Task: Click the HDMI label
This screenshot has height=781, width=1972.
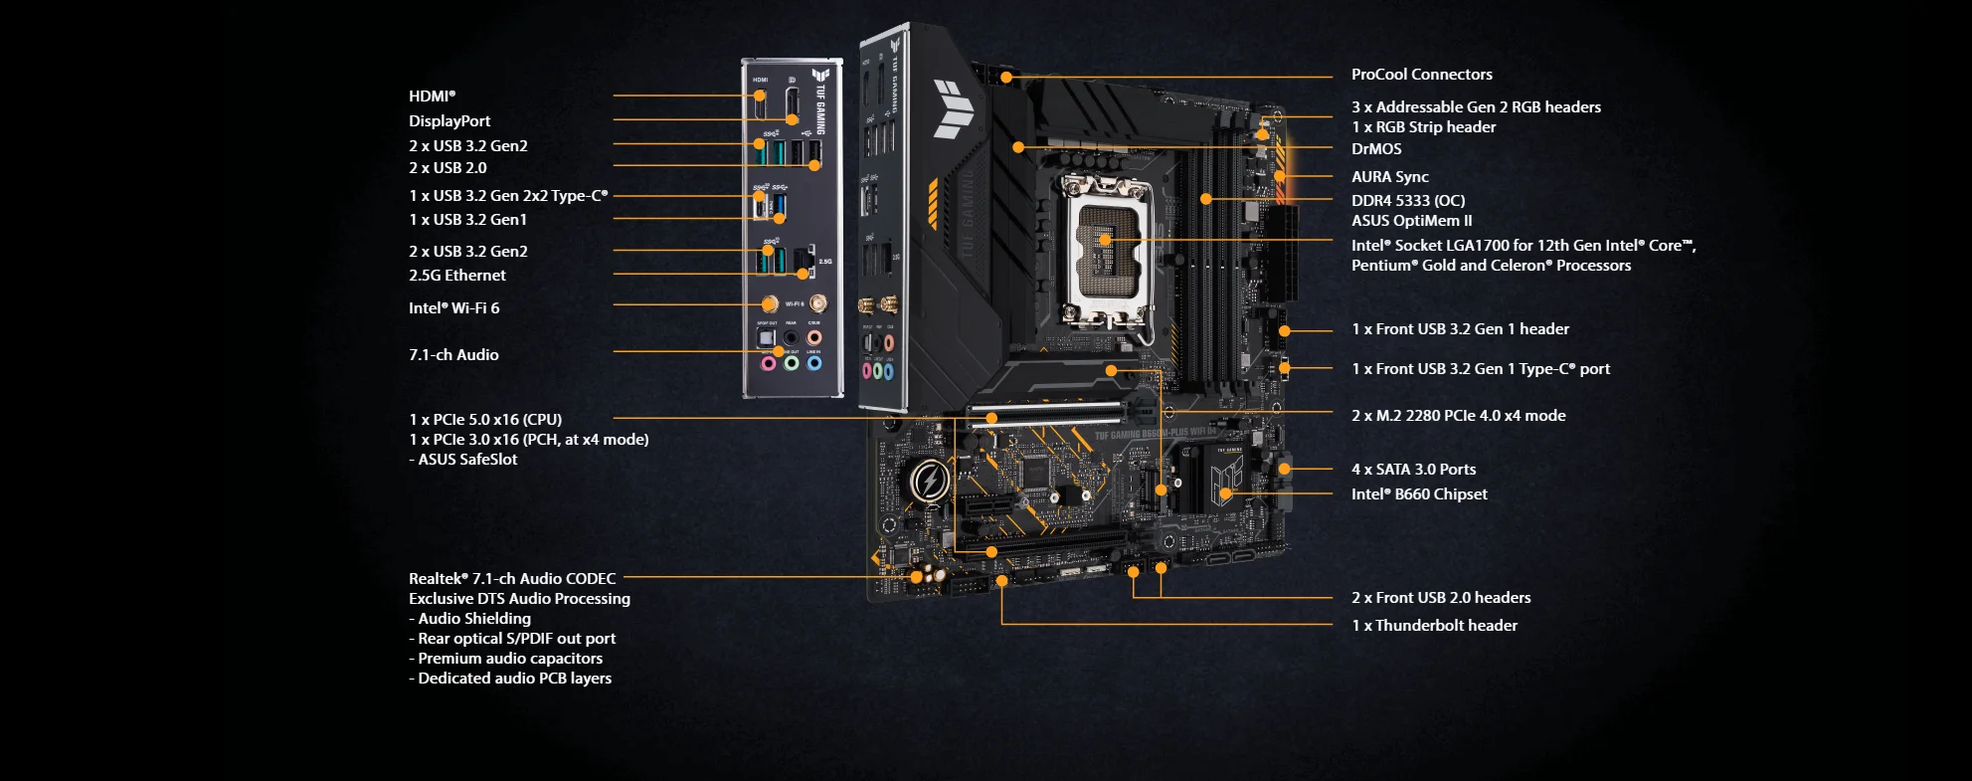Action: (x=432, y=97)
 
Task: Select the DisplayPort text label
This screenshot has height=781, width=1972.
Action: (x=449, y=121)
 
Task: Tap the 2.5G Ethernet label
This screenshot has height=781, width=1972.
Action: (x=457, y=276)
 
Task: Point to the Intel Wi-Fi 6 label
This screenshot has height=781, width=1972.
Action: (x=454, y=308)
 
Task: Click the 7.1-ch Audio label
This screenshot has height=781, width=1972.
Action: (x=453, y=355)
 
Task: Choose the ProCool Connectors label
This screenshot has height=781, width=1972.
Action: (x=1421, y=75)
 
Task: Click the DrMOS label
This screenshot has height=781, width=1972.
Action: (x=1376, y=149)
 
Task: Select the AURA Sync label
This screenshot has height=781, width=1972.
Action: (x=1389, y=177)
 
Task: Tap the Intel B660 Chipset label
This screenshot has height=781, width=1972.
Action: (x=1419, y=494)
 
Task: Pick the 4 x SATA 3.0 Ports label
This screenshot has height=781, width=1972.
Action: (x=1413, y=470)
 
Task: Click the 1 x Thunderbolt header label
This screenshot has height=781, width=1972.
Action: (x=1434, y=626)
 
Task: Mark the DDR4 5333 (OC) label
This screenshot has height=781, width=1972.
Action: (x=1407, y=201)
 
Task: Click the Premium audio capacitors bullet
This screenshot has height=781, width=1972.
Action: (x=509, y=659)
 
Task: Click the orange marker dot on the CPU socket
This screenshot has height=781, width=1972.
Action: (x=1105, y=240)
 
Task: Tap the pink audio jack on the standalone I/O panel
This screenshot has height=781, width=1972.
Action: (x=768, y=363)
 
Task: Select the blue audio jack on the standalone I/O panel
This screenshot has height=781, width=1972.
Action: (x=814, y=363)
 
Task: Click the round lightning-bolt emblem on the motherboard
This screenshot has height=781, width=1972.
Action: (x=930, y=482)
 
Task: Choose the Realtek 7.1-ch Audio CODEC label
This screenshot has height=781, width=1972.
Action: (x=512, y=579)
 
